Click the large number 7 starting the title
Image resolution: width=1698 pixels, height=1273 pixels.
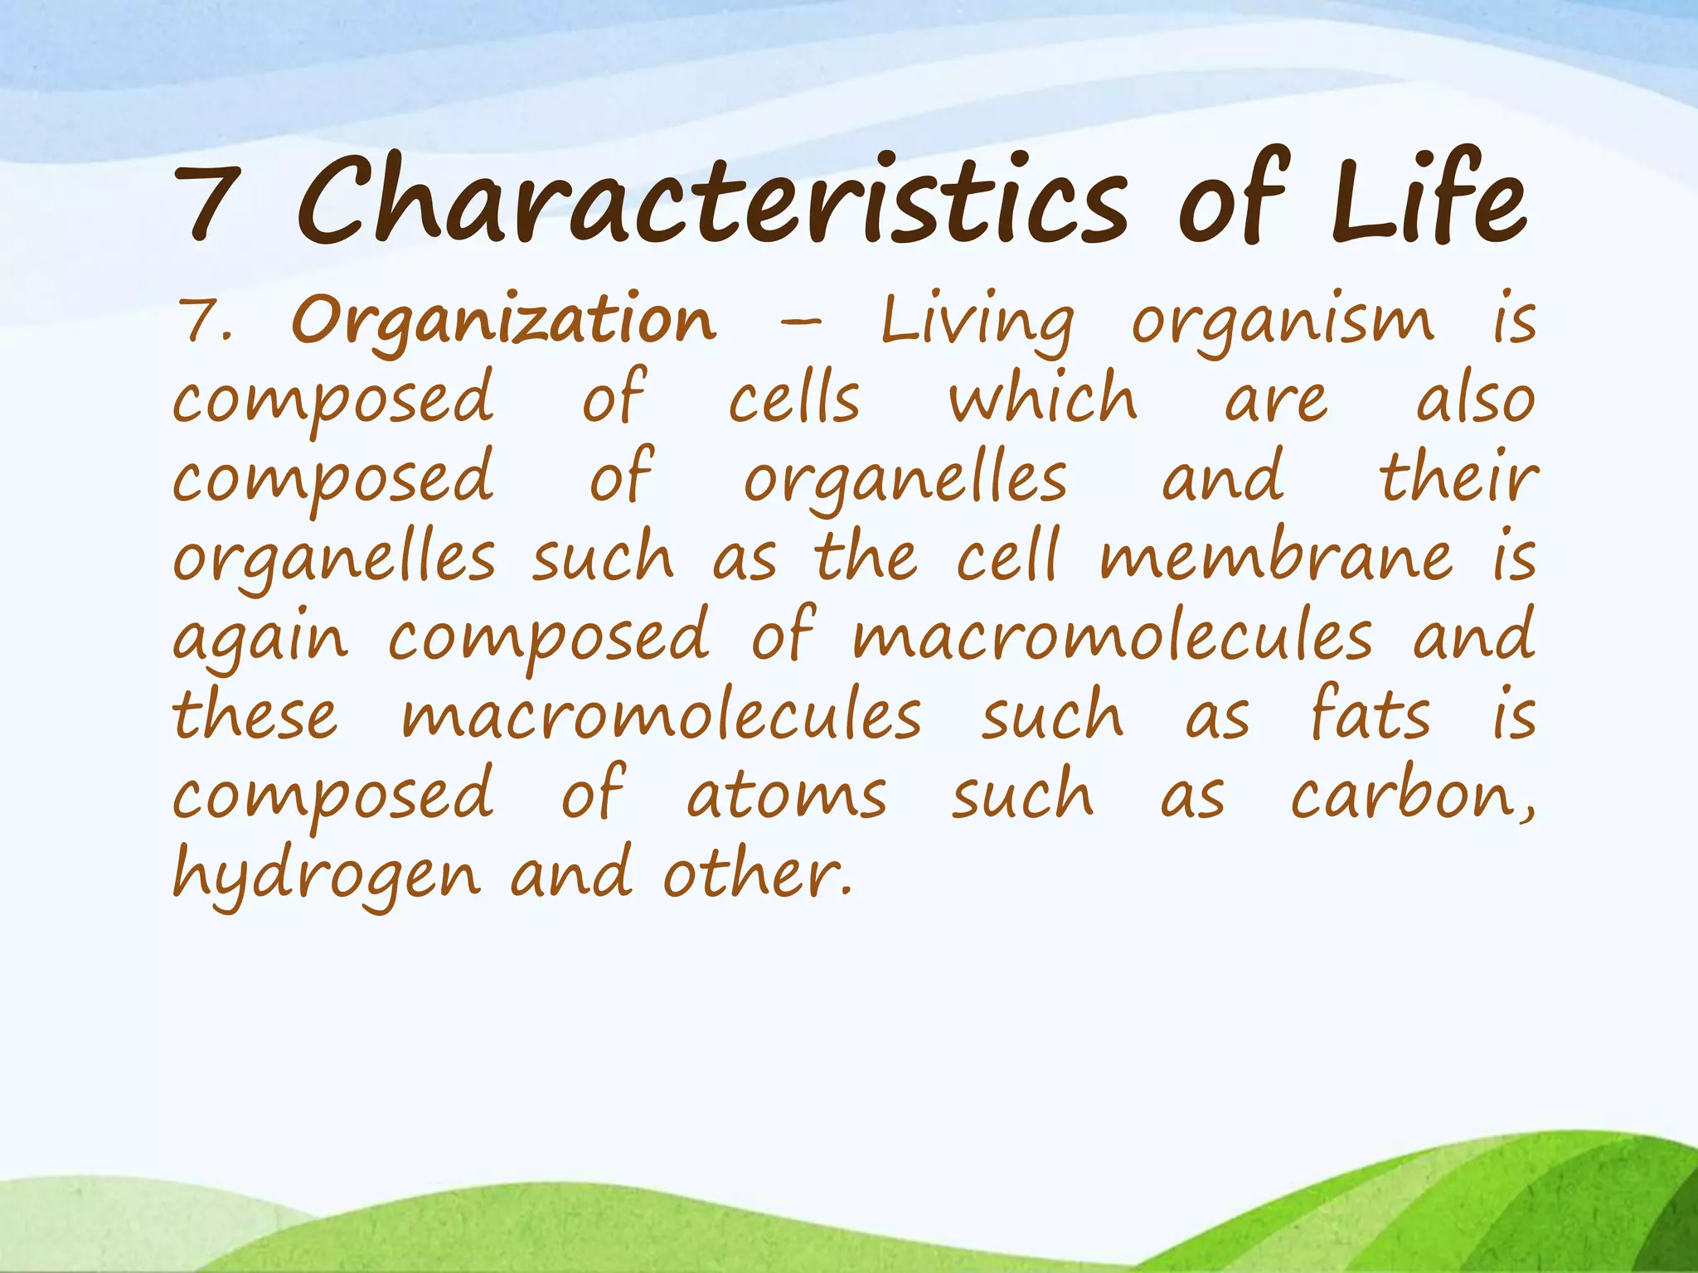206,201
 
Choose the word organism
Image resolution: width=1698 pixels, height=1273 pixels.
1282,322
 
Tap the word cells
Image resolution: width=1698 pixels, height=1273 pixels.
794,399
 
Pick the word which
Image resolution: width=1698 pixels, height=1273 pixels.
1043,399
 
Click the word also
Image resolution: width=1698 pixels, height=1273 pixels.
1475,399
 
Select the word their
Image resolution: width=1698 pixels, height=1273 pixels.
1458,477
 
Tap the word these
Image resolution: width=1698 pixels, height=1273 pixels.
255,714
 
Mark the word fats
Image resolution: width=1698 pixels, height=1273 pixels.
1370,714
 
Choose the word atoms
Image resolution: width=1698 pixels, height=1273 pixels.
786,794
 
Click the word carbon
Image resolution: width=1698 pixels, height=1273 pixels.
1409,794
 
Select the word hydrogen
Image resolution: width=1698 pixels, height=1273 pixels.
327,875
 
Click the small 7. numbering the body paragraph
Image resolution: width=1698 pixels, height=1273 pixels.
206,322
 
